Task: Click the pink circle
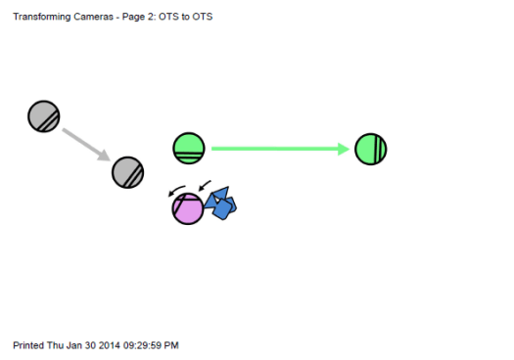pyautogui.click(x=187, y=208)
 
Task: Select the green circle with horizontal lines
pyautogui.click(x=188, y=149)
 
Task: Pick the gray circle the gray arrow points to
pyautogui.click(x=128, y=173)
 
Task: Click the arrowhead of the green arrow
pyautogui.click(x=344, y=149)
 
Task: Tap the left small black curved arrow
pyautogui.click(x=176, y=190)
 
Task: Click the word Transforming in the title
pyautogui.click(x=40, y=17)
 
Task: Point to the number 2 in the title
pyautogui.click(x=153, y=17)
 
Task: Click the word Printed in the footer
pyautogui.click(x=28, y=345)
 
